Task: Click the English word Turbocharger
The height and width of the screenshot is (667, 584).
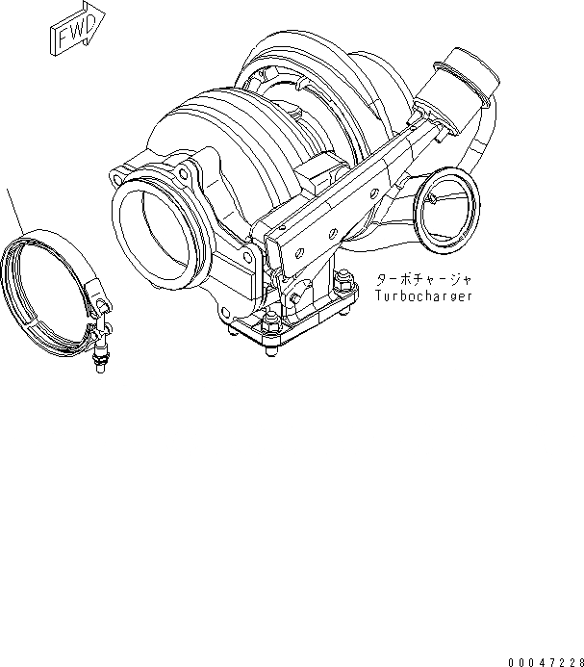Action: [x=423, y=295]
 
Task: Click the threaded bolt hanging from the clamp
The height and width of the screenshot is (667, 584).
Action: [x=99, y=357]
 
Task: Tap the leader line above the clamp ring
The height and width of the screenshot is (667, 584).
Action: [x=16, y=211]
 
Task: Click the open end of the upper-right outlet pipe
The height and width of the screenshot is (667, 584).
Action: [x=467, y=76]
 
